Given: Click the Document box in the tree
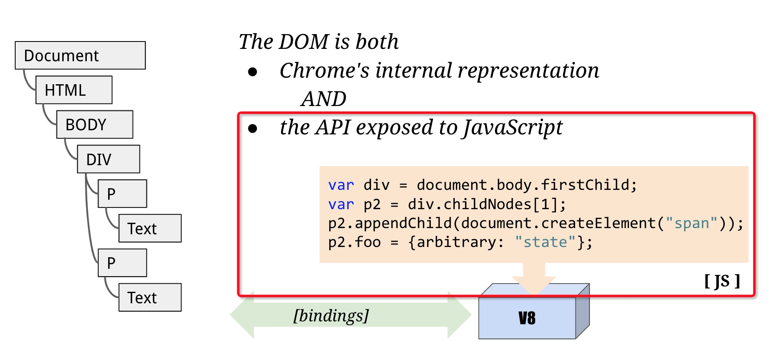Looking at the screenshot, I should click(x=80, y=55).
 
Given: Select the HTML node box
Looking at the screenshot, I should click(x=74, y=90).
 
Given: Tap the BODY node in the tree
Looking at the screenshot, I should click(x=95, y=125).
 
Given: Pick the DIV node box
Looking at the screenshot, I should click(x=109, y=159).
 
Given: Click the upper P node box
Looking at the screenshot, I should click(x=122, y=194).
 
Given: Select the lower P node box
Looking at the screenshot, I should click(x=122, y=263).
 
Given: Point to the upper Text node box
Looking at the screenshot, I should click(x=150, y=228).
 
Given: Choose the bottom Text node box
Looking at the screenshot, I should click(x=150, y=298).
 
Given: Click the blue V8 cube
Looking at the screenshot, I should click(x=527, y=318).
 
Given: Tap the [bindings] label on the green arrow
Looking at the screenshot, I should click(x=331, y=316).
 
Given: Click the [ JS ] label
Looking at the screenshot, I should click(x=722, y=282).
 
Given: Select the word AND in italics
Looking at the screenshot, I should click(x=324, y=99).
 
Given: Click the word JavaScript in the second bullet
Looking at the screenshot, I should click(x=512, y=127).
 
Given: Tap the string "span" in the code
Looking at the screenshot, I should click(x=691, y=224).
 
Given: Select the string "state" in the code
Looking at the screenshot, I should click(x=545, y=242).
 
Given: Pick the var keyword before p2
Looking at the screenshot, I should click(x=341, y=205).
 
